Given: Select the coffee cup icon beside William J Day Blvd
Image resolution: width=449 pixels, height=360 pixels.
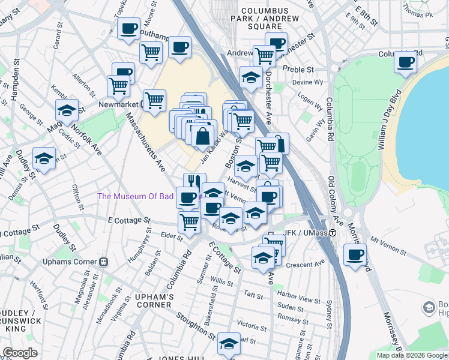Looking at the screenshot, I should [x=406, y=62].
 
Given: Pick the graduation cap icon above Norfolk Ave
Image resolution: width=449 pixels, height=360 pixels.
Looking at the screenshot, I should [x=67, y=110].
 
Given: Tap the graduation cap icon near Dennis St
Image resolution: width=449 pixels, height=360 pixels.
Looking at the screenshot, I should [x=44, y=158].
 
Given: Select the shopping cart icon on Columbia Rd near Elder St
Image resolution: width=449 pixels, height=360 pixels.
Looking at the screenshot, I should [x=190, y=222].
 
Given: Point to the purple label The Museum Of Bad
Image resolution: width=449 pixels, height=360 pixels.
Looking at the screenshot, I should [x=135, y=196].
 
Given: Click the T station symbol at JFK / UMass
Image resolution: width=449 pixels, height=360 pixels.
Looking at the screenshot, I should [x=331, y=233].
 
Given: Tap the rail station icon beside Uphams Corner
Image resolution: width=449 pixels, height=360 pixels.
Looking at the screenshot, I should [x=103, y=262].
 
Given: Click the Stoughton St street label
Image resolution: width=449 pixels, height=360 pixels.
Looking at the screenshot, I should [x=195, y=324].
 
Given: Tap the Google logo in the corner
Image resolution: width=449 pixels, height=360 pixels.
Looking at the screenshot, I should [x=20, y=353].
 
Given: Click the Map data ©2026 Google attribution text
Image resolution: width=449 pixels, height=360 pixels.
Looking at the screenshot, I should [x=411, y=355].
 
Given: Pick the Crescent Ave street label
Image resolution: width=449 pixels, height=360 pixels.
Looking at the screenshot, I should [x=306, y=262].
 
